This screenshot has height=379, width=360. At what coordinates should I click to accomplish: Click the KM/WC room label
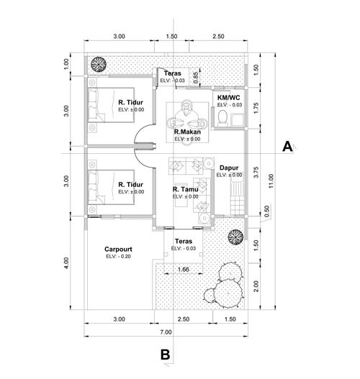pyautogui.click(x=229, y=98)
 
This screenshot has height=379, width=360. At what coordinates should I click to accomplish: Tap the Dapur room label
pyautogui.click(x=229, y=168)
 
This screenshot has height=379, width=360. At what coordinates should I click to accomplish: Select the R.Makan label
pyautogui.click(x=187, y=132)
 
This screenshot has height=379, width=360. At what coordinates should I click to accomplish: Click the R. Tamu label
pyautogui.click(x=186, y=189)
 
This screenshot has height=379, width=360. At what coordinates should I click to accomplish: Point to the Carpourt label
pyautogui.click(x=118, y=250)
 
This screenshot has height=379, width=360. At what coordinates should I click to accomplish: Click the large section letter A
pyautogui.click(x=287, y=147)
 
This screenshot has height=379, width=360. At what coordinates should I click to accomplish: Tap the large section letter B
pyautogui.click(x=165, y=355)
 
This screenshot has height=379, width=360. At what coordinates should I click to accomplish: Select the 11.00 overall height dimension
pyautogui.click(x=271, y=181)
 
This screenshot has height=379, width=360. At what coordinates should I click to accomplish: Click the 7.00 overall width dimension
pyautogui.click(x=166, y=332)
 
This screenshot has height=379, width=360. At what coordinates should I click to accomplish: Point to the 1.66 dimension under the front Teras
pyautogui.click(x=183, y=269)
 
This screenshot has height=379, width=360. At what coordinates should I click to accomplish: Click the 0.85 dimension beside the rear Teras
pyautogui.click(x=196, y=78)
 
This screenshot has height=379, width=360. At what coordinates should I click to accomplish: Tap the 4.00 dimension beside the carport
pyautogui.click(x=66, y=262)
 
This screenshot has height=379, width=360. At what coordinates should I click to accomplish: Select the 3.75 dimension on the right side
pyautogui.click(x=256, y=172)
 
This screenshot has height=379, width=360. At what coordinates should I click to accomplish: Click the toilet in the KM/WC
pyautogui.click(x=222, y=119)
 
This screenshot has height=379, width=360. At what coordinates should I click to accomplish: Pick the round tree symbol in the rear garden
pyautogui.click(x=99, y=64)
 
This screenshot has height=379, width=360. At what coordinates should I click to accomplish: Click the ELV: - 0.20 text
pyautogui.click(x=118, y=257)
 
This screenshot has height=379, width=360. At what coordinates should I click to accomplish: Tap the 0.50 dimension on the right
pyautogui.click(x=266, y=211)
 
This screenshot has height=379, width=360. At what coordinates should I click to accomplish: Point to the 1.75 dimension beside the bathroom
pyautogui.click(x=256, y=108)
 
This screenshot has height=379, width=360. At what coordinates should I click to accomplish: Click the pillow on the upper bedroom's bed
pyautogui.click(x=92, y=105)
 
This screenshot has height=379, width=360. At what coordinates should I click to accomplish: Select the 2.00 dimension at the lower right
pyautogui.click(x=256, y=286)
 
